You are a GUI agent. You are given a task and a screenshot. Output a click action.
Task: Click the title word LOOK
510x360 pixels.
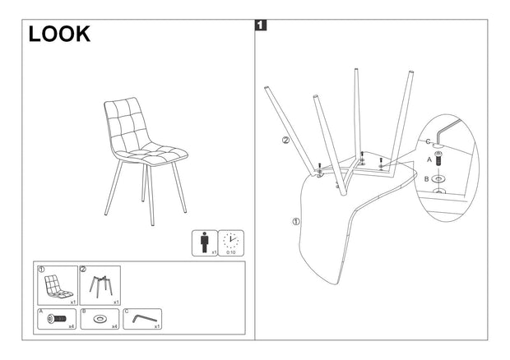(58, 34)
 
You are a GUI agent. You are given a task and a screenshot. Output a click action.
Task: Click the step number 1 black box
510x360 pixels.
(261, 25)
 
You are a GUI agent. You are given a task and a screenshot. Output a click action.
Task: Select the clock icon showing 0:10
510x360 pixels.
(231, 242)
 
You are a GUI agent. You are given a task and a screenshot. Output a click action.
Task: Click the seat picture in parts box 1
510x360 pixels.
(56, 285)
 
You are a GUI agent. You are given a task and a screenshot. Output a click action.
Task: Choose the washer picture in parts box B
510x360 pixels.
(100, 318)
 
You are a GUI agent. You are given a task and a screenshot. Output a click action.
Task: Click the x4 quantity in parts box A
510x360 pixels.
(72, 325)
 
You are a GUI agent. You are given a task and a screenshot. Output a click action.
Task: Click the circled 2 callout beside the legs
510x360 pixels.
(285, 140)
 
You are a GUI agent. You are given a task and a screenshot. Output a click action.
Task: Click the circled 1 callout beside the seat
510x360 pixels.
(295, 220)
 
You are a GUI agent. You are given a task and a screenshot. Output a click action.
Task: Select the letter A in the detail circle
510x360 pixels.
(428, 162)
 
